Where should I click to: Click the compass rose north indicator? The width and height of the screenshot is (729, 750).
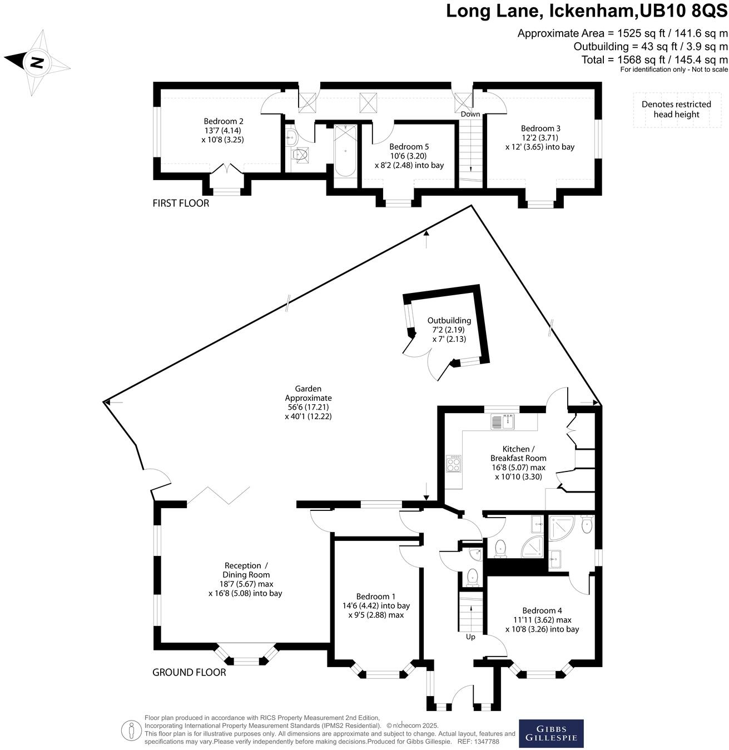37,62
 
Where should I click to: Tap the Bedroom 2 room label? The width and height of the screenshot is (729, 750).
223,130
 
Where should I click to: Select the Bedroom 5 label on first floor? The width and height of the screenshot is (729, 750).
409,156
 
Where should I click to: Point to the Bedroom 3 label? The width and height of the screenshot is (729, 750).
540,137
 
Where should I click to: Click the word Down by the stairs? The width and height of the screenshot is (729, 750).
470,114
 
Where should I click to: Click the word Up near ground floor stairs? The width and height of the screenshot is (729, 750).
470,637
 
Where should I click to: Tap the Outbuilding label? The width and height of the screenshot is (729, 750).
449,329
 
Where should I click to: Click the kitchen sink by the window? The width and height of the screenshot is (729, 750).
503,421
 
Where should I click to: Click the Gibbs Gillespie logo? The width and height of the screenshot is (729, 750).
551,733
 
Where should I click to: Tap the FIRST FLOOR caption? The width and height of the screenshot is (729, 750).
181,203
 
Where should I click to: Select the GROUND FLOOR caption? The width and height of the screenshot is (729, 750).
189,672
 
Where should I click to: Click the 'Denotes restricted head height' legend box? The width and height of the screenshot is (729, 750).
676,110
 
